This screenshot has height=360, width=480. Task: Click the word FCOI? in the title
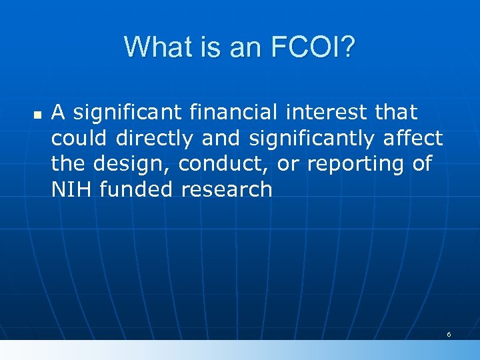point(312,47)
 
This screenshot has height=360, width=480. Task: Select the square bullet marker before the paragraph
point(37,115)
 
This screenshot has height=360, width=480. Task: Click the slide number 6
point(449,334)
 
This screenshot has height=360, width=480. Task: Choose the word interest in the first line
point(331,112)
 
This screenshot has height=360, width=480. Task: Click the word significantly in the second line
point(313,138)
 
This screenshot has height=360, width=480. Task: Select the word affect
point(413,138)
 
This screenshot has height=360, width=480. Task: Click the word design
point(135,163)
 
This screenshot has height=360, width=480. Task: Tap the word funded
point(133,189)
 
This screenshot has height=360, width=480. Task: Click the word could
point(80,138)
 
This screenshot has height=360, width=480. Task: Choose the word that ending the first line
point(396,112)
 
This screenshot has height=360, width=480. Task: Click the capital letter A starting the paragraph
point(58,112)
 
